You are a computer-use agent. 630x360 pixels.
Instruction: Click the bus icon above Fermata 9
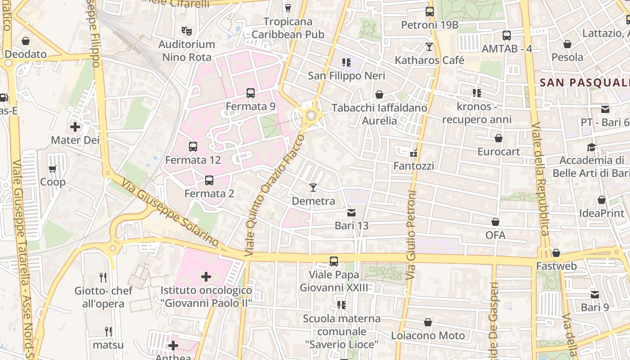pyautogui.click(x=251, y=93)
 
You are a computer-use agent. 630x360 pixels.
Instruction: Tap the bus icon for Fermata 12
pyautogui.click(x=193, y=146)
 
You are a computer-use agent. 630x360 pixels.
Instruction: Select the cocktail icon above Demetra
pyautogui.click(x=313, y=187)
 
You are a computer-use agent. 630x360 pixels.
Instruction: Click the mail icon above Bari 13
pyautogui.click(x=351, y=212)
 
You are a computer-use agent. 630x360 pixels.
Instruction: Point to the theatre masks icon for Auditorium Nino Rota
pyautogui.click(x=187, y=31)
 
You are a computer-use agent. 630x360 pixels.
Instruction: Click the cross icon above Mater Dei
pyautogui.click(x=75, y=127)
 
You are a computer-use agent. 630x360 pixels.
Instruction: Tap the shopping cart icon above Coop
pyautogui.click(x=53, y=169)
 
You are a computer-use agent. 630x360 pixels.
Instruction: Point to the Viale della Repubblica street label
pyautogui.click(x=540, y=179)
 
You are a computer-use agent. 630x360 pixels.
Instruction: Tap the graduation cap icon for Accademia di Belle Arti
pyautogui.click(x=591, y=147)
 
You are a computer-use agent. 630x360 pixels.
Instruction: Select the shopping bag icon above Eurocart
pyautogui.click(x=499, y=138)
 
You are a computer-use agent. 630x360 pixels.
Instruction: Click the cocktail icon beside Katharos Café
pyautogui.click(x=429, y=46)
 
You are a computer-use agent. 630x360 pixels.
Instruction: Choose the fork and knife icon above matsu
pyautogui.click(x=108, y=332)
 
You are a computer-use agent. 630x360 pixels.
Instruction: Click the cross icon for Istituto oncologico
pyautogui.click(x=206, y=276)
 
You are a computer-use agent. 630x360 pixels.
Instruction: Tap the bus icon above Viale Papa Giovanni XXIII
pyautogui.click(x=334, y=261)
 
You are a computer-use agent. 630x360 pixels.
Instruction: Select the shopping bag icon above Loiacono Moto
pyautogui.click(x=428, y=322)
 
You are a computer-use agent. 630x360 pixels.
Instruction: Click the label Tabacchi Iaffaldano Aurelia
pyautogui.click(x=379, y=114)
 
